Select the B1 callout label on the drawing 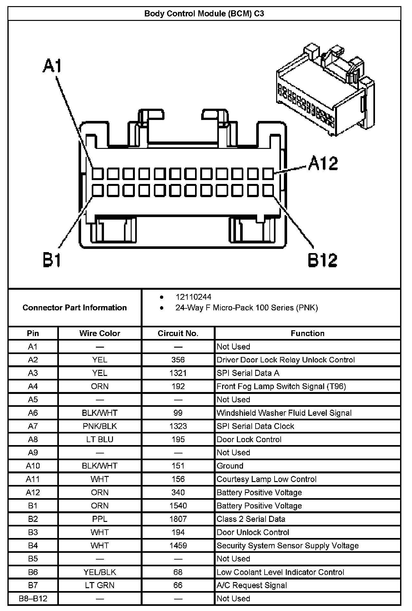tap(52, 260)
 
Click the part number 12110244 tap(193, 297)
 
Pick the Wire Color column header tap(100, 333)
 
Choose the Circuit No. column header tap(178, 333)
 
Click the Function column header tap(307, 333)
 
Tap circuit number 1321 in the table tap(178, 373)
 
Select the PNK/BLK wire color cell tap(100, 426)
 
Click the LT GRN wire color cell tap(100, 585)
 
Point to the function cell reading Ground tap(230, 466)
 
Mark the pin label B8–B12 tap(33, 598)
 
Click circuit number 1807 tap(178, 519)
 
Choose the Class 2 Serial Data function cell tap(251, 519)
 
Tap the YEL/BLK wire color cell tap(100, 572)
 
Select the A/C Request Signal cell tap(252, 585)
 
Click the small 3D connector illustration tap(325, 90)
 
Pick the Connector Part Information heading tap(75, 308)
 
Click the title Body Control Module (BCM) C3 tap(204, 14)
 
